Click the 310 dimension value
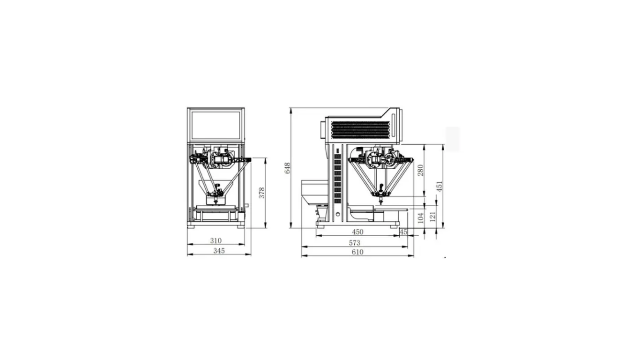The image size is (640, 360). click(x=216, y=240)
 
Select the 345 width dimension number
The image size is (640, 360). click(x=219, y=251)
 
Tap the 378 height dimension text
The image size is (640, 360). click(x=262, y=193)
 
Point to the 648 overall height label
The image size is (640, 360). click(x=287, y=168)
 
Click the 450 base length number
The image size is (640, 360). click(x=357, y=232)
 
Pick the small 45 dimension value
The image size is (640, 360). click(x=403, y=232)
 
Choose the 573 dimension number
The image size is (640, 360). click(x=355, y=243)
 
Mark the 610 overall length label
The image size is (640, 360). click(x=357, y=252)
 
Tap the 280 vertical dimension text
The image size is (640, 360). click(x=420, y=170)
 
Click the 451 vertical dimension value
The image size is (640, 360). click(x=440, y=186)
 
